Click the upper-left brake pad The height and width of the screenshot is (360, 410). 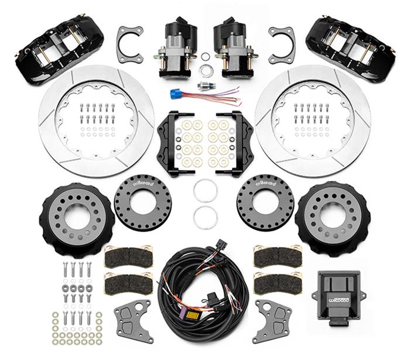pyautogui.click(x=128, y=256)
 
